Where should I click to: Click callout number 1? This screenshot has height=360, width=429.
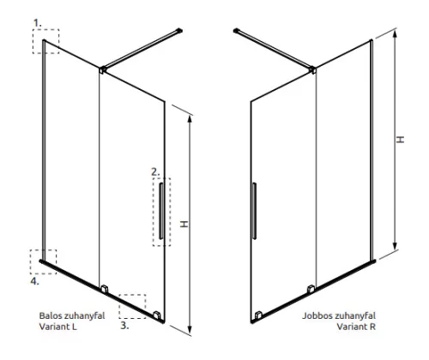[38, 23]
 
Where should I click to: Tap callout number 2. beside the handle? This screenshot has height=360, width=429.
[155, 172]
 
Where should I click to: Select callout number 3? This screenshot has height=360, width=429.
[124, 326]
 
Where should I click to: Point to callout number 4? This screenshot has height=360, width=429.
[34, 281]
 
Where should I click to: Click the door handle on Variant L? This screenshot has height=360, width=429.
[161, 211]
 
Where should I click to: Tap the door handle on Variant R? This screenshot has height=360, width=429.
[254, 211]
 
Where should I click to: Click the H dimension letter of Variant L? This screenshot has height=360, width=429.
[184, 224]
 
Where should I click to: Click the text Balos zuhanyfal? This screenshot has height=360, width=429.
[72, 315]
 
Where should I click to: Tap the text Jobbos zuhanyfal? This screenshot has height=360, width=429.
[339, 315]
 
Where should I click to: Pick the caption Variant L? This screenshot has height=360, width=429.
[58, 327]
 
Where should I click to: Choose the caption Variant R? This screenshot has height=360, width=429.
[356, 327]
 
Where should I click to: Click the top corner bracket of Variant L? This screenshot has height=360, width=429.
[103, 69]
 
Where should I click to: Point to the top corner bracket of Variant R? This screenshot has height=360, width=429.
[313, 69]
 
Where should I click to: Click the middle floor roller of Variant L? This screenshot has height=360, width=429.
[105, 289]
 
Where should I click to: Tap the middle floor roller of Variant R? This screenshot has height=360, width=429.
[311, 289]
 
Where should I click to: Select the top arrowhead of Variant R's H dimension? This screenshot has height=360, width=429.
[395, 34]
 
